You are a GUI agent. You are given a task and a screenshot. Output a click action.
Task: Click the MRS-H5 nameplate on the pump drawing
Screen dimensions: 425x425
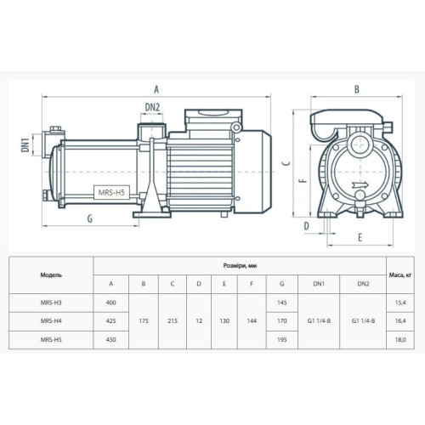(x=111, y=193)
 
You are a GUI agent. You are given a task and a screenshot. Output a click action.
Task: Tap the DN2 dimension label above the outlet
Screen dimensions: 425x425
(x=152, y=107)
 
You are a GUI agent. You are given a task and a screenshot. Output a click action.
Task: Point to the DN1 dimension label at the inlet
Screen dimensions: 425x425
(x=25, y=145)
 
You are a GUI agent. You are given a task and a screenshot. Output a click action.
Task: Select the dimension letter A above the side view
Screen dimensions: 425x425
(x=156, y=89)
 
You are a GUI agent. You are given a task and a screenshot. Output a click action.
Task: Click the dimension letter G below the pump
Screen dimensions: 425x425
(x=90, y=218)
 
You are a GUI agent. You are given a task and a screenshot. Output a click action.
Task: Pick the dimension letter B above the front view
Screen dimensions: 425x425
(x=357, y=89)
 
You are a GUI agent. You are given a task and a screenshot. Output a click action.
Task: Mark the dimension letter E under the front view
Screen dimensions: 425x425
(x=360, y=237)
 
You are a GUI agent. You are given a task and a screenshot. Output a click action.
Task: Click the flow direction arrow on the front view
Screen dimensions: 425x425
(x=360, y=185)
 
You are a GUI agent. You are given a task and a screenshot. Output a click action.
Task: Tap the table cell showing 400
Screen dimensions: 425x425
(x=110, y=303)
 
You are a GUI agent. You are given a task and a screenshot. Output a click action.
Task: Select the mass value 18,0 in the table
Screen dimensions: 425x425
(x=400, y=339)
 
